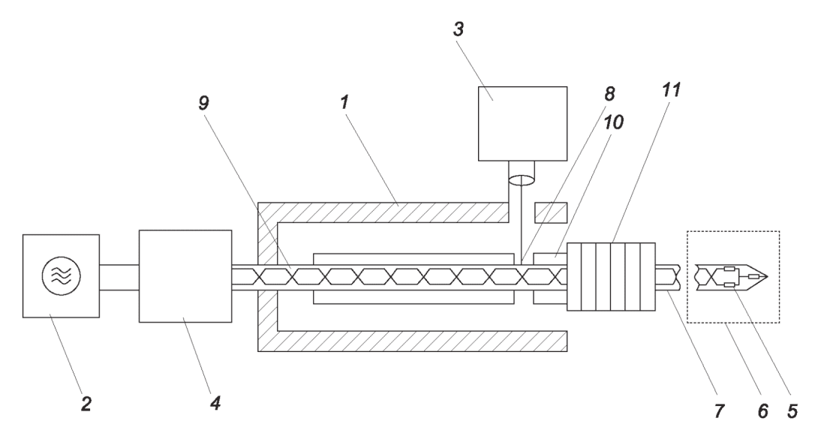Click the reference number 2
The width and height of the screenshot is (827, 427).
pyautogui.click(x=86, y=404)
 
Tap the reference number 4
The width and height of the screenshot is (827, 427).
pyautogui.click(x=215, y=403)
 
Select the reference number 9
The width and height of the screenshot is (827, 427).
pyautogui.click(x=203, y=104)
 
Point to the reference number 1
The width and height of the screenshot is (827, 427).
pyautogui.click(x=344, y=102)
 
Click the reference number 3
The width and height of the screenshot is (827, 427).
pyautogui.click(x=459, y=29)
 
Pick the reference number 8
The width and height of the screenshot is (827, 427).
pyautogui.click(x=609, y=94)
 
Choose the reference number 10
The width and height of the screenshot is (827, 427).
pyautogui.click(x=613, y=122)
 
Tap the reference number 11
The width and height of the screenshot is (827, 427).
pyautogui.click(x=671, y=90)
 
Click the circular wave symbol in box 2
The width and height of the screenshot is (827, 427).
pyautogui.click(x=61, y=275)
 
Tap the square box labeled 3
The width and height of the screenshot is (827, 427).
pyautogui.click(x=522, y=123)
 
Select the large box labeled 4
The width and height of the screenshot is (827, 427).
pyautogui.click(x=185, y=275)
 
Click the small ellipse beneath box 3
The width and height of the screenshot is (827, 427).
pyautogui.click(x=522, y=181)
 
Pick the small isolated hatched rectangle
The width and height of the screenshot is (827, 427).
pyautogui.click(x=551, y=212)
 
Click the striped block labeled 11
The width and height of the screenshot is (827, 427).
pyautogui.click(x=611, y=277)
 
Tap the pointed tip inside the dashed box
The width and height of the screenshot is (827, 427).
pyautogui.click(x=768, y=277)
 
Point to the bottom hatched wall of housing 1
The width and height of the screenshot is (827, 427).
pyautogui.click(x=422, y=341)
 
